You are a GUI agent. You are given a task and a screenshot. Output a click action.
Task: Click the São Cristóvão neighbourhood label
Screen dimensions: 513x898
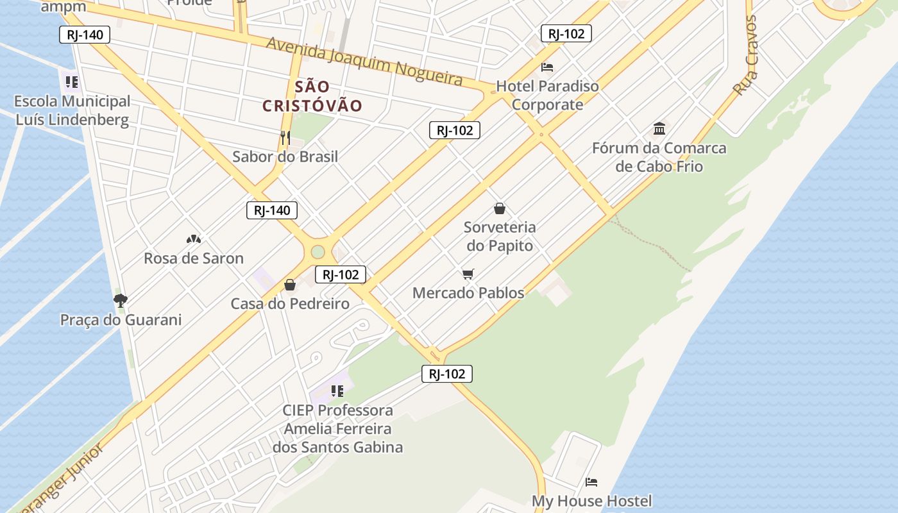(x=312, y=96)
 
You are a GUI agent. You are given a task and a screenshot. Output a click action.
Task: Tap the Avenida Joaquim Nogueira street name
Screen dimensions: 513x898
(x=364, y=61)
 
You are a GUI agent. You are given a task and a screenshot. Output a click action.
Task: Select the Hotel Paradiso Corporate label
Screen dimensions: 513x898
(x=547, y=95)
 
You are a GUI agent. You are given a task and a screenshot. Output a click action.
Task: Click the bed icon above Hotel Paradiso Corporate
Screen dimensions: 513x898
(x=547, y=67)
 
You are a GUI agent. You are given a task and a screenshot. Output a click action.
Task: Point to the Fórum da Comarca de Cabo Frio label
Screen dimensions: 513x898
(x=659, y=157)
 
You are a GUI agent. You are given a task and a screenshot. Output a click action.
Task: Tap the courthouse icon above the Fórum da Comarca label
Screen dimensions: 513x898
(x=659, y=128)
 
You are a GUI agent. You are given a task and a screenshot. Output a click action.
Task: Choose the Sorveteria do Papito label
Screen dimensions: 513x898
(x=500, y=236)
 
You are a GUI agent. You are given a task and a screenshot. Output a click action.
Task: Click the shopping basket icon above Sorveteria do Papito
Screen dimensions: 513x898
(x=500, y=208)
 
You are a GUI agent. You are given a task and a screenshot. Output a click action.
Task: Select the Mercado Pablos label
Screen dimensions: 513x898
(x=468, y=293)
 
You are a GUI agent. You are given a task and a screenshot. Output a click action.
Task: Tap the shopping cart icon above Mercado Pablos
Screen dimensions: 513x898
(x=468, y=274)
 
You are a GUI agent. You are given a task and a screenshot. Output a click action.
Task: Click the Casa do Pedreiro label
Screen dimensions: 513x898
(x=290, y=303)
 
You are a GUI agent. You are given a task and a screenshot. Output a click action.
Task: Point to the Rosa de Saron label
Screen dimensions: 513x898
(x=194, y=258)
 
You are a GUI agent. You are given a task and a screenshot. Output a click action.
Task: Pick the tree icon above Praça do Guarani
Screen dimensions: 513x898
(x=120, y=300)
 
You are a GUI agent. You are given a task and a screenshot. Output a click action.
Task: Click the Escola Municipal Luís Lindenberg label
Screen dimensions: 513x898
(x=72, y=110)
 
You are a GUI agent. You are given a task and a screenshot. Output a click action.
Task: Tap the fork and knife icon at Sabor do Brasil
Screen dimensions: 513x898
(x=285, y=137)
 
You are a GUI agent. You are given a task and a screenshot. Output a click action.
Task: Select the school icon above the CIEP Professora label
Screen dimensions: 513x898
(x=337, y=391)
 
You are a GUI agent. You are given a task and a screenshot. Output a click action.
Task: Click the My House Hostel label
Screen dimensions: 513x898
(x=591, y=501)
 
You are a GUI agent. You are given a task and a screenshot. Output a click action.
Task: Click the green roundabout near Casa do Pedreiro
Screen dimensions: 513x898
(x=318, y=251)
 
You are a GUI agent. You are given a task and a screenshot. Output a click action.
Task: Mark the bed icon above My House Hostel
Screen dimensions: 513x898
(x=591, y=482)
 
